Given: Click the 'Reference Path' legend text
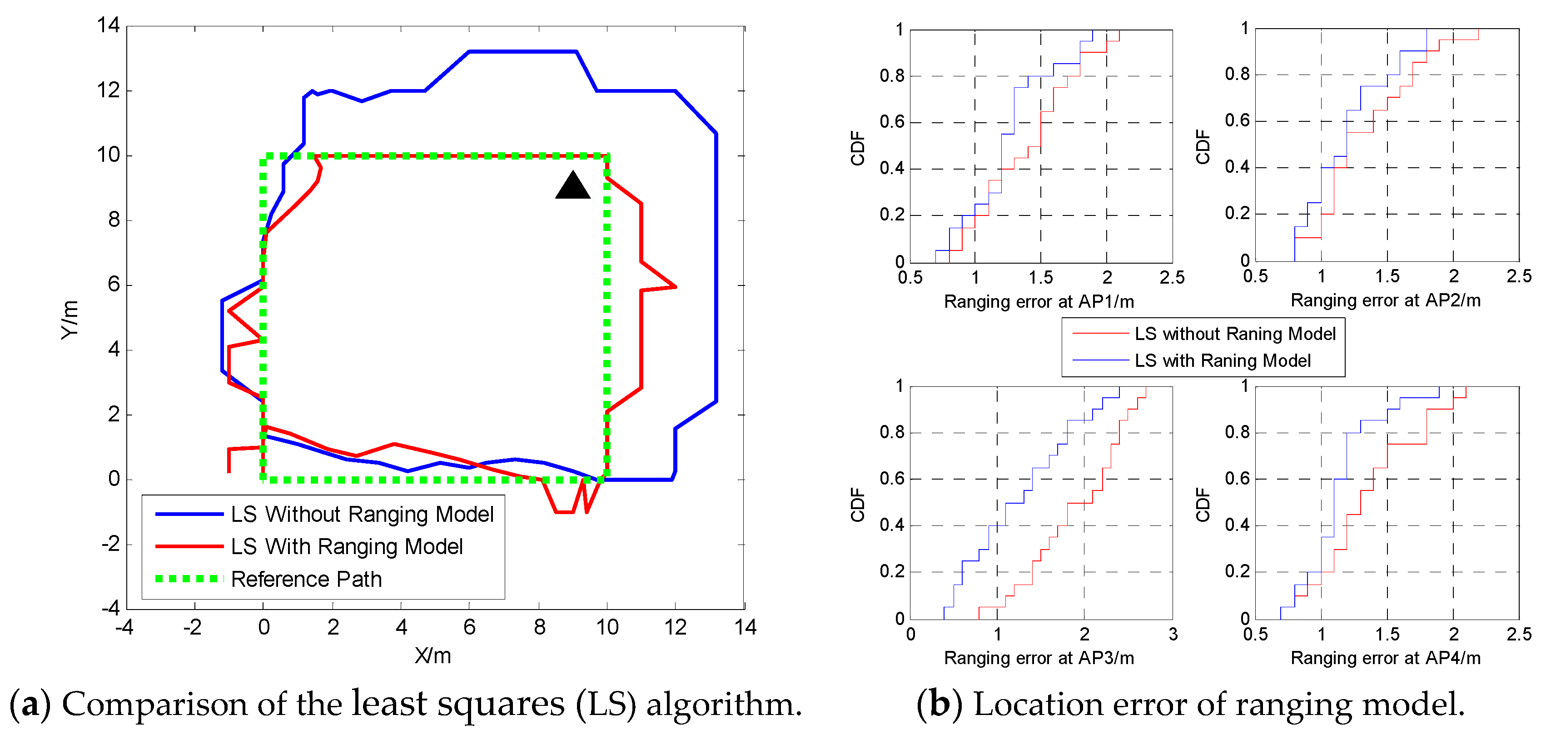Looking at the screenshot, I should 306,579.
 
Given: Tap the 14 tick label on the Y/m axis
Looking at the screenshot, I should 109,25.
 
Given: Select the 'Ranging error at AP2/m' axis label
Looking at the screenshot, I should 1385,300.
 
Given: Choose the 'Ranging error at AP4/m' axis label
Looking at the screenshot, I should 1385,658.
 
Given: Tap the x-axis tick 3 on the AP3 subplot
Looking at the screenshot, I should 1173,634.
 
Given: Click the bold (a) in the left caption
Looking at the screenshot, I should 30,704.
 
